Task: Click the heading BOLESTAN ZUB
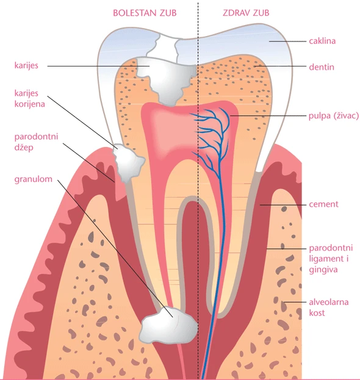click(145, 13)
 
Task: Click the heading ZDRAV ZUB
click(246, 13)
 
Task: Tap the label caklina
click(322, 41)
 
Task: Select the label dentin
click(322, 67)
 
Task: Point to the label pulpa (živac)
click(334, 116)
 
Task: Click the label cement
click(323, 204)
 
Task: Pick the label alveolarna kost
click(328, 307)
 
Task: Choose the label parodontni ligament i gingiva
click(331, 259)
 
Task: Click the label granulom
click(33, 179)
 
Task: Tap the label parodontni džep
click(36, 142)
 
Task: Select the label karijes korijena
click(29, 98)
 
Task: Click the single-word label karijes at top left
click(26, 65)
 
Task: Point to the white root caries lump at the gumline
click(129, 162)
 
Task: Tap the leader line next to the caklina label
click(288, 41)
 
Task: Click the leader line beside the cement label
click(283, 205)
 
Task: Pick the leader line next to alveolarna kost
click(295, 302)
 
